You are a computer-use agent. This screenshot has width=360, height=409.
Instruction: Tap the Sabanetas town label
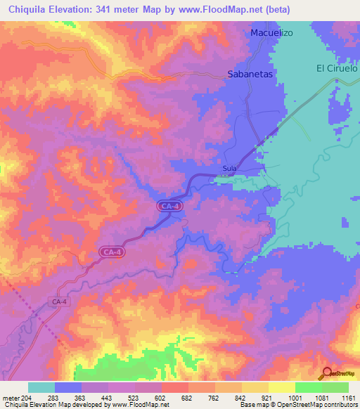point(250,72)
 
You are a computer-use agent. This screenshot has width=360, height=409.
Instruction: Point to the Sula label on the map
point(229,169)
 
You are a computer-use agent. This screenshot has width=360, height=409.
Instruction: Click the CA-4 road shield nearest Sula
point(169,206)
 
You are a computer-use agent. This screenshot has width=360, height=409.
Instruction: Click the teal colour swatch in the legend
point(41,387)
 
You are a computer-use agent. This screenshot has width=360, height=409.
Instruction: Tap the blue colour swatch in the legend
point(68,387)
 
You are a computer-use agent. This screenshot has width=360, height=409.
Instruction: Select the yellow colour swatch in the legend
point(281,387)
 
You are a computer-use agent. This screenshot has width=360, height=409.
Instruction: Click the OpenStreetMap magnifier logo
point(328,373)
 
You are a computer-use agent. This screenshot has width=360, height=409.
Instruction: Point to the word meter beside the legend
point(12,398)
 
